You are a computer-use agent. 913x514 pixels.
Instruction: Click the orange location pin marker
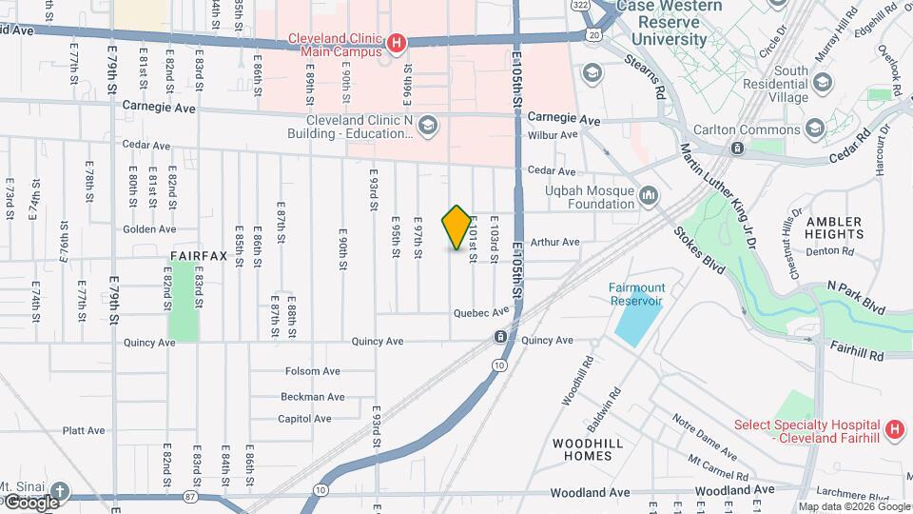point(456,227)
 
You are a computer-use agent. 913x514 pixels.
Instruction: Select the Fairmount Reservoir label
point(637,294)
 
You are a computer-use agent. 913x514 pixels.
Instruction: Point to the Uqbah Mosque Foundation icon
point(650,196)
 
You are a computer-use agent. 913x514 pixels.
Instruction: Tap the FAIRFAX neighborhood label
point(199,256)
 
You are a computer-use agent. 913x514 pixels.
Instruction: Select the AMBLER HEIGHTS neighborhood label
point(834,227)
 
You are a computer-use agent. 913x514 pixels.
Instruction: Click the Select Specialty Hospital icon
point(893,430)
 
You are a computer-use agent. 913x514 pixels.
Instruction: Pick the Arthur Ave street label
point(555,242)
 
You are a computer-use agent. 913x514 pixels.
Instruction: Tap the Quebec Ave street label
point(476,312)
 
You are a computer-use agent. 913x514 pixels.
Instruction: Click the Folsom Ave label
point(313,371)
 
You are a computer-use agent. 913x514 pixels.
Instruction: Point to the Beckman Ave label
point(312,396)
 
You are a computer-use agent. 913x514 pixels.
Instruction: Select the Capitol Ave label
point(304,419)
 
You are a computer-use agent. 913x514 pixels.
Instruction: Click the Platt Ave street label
point(84,430)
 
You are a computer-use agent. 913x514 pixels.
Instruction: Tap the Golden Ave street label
point(149,229)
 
